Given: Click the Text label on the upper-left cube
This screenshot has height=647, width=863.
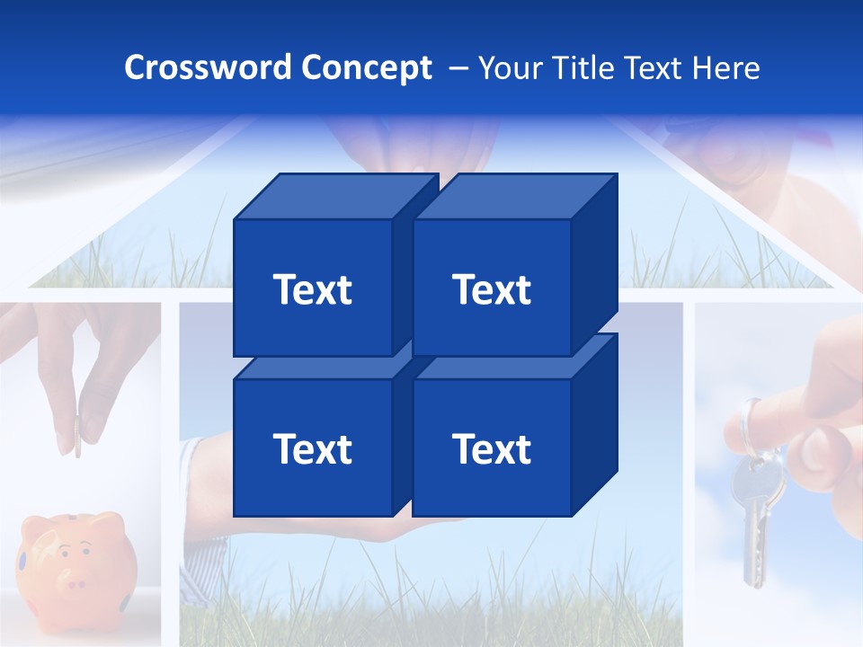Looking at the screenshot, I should click(x=312, y=289).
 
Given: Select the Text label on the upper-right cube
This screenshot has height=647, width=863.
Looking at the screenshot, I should click(x=491, y=289).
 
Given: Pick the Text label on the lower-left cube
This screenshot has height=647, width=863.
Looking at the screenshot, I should click(x=312, y=448).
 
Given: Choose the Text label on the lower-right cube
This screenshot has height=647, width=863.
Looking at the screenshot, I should click(x=491, y=448).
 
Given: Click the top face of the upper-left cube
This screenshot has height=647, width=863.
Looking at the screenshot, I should click(x=334, y=196).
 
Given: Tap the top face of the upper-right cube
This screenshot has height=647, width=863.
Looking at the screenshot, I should click(x=514, y=196).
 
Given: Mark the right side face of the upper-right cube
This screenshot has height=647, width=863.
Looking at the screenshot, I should click(x=594, y=261).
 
